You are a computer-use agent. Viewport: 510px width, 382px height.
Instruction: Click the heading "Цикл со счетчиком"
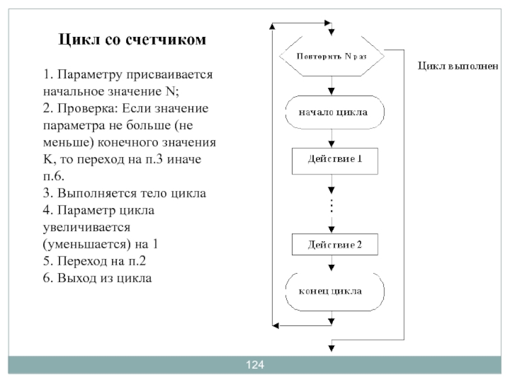(133, 40)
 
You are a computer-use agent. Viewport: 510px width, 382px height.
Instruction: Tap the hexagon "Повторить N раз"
(331, 55)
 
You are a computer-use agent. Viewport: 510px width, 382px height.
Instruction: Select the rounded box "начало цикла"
(331, 113)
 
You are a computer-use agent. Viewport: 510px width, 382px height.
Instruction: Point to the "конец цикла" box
(331, 292)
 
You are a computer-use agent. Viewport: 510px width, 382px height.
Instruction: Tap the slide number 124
(255, 365)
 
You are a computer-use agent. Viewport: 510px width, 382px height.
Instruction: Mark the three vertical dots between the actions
(331, 205)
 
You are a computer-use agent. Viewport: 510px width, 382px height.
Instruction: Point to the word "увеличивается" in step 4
(87, 227)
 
